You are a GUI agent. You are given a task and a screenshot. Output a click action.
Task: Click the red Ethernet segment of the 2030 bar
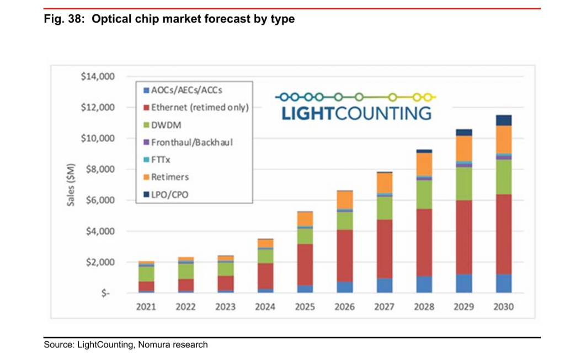[503, 234]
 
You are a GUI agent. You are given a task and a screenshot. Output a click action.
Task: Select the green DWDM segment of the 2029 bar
[464, 183]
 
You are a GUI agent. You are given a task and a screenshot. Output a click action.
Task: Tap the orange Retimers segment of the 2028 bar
[424, 164]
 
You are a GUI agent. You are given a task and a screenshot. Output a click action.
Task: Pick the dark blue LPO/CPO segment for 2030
[503, 120]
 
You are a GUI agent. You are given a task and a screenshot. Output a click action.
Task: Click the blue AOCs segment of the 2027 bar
[385, 285]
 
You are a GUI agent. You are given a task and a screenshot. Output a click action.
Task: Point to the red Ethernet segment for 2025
[305, 264]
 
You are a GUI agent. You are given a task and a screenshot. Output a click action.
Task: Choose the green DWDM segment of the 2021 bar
[146, 274]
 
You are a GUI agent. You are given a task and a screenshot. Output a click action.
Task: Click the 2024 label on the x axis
[265, 307]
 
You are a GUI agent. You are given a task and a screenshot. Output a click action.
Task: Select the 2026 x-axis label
[345, 307]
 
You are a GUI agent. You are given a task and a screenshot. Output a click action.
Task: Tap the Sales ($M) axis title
[71, 185]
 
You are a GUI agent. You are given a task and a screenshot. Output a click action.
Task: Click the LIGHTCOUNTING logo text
[356, 114]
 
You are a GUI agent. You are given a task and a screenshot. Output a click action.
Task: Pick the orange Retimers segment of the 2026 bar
[345, 200]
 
